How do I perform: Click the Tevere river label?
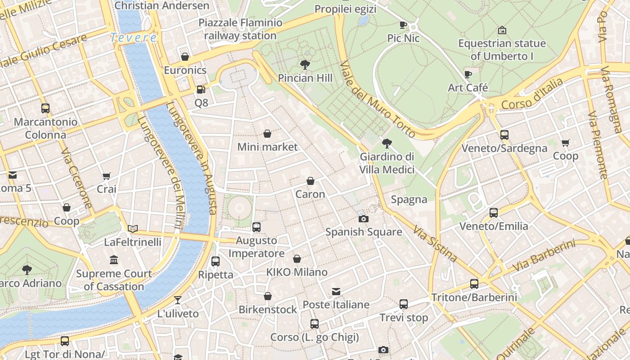coord(134,38)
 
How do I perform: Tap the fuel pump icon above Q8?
coord(201,90)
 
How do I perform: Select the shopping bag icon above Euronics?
coord(184,57)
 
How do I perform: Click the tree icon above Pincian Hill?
coord(305,65)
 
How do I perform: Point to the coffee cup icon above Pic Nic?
coord(403,25)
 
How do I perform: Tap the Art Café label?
coord(468,87)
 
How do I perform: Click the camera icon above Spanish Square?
coord(364,219)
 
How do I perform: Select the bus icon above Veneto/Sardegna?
coord(504,135)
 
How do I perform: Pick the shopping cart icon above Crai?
coord(106,176)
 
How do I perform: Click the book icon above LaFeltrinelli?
coord(132,229)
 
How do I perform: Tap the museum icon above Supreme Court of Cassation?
coord(114,260)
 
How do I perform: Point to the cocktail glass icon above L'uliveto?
coord(178,300)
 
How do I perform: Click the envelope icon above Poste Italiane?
coord(336,292)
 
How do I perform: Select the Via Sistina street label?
coord(435,243)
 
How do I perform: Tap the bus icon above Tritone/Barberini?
coord(474,283)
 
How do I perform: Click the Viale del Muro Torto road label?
coord(378,99)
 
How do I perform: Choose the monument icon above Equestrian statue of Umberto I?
coord(502,30)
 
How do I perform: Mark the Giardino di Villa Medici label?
coord(387,163)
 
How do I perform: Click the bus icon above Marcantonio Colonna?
coord(45,108)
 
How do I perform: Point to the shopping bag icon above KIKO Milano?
coord(297,259)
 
